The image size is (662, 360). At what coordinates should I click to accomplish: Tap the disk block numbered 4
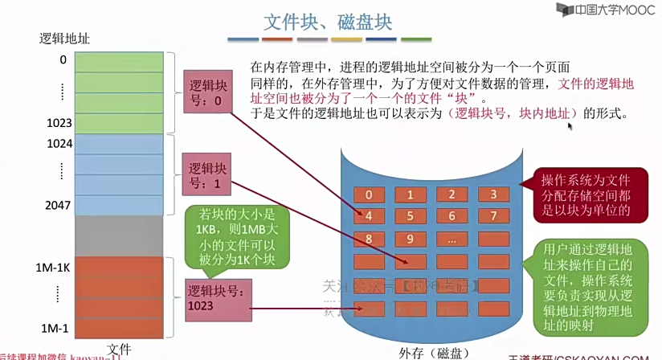369,215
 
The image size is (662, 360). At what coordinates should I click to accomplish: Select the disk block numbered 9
410,238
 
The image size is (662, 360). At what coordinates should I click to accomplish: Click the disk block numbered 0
369,194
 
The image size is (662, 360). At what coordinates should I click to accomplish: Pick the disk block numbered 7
493,215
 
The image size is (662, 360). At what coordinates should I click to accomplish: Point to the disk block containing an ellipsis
452,238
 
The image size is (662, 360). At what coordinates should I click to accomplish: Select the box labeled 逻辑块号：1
206,175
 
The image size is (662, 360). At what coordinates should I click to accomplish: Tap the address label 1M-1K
55,266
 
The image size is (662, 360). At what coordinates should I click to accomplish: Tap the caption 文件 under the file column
119,349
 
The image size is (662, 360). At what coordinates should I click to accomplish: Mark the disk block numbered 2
452,194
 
